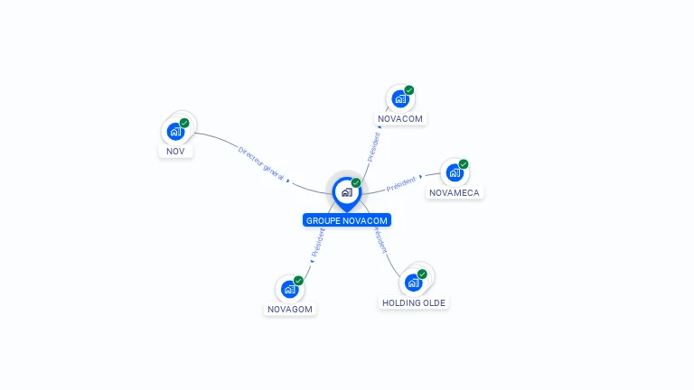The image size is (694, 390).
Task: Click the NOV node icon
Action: (176, 131)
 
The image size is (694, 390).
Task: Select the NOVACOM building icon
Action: (400, 98)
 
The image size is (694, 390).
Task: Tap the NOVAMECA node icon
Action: (455, 172)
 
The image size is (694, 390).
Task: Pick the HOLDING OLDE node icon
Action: (414, 283)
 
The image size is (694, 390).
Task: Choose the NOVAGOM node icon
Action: (290, 289)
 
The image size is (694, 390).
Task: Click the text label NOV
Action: (176, 151)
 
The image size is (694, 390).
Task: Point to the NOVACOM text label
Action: (400, 118)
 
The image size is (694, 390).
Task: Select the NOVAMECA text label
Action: (455, 192)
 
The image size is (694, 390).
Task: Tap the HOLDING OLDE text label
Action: (414, 302)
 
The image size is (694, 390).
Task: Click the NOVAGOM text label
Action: (290, 309)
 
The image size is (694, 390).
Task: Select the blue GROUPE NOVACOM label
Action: (347, 220)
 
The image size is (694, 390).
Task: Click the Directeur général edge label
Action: (261, 162)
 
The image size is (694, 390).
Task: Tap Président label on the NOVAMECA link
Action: (400, 185)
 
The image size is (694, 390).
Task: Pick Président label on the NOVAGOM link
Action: (317, 243)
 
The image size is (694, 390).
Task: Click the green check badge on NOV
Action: (184, 123)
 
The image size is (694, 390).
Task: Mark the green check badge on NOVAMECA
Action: (464, 164)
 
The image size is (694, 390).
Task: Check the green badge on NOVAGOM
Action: (298, 281)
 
